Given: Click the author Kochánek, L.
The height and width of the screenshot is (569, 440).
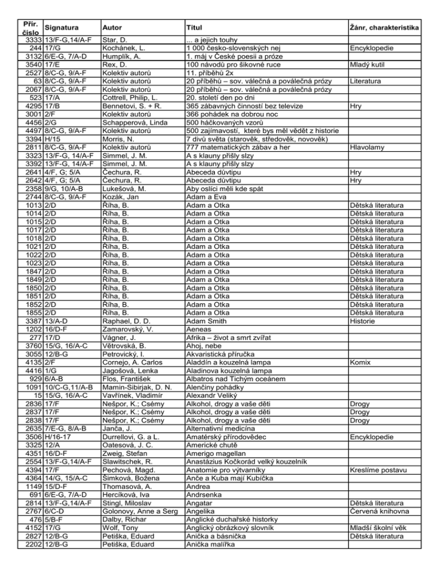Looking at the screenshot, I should [120, 49].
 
